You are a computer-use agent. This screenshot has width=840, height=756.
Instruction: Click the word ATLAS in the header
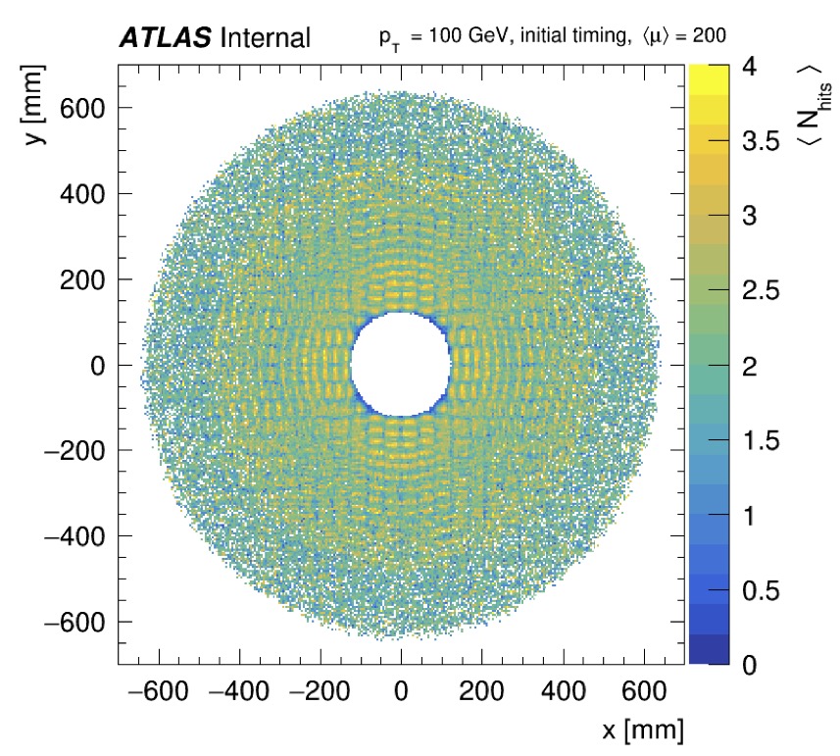166,38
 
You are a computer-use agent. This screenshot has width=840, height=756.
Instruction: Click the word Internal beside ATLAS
266,38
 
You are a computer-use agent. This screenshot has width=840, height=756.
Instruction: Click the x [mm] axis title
643,730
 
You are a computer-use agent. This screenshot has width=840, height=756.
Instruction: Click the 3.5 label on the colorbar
753,142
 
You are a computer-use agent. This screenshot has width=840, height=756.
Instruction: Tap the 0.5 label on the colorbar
753,591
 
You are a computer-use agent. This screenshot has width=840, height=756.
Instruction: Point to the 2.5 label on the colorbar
753,292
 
